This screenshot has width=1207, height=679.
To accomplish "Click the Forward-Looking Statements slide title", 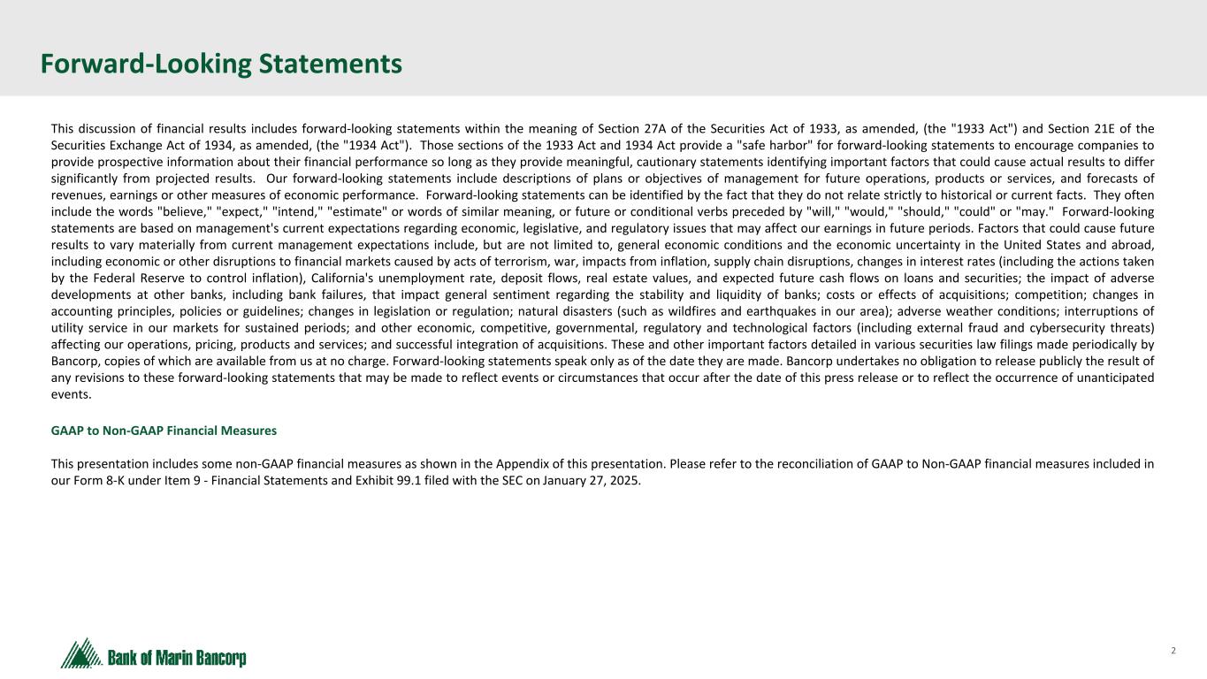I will [221, 64].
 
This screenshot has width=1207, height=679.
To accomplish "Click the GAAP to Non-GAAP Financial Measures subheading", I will [164, 431].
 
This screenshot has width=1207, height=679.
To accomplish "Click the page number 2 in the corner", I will [1173, 651].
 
